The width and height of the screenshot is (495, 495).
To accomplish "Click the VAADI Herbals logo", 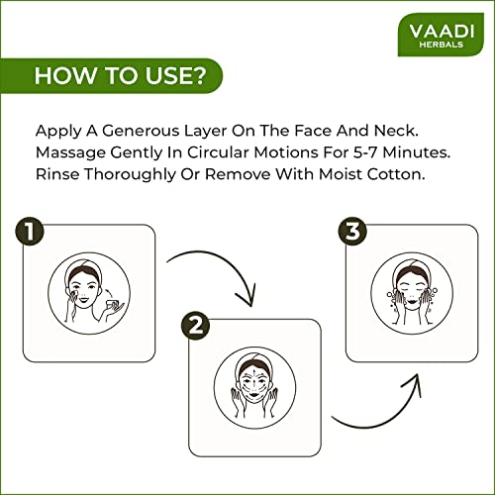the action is [441, 35].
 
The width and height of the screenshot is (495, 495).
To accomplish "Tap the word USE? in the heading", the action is [176, 75].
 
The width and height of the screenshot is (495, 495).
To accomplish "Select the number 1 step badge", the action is [30, 231].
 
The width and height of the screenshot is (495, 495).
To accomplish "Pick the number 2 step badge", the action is [196, 326].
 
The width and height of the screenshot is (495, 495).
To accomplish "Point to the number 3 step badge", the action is [352, 231].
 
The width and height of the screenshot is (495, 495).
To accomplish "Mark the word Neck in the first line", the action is [396, 131].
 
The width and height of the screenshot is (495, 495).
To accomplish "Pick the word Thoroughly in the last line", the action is [130, 174].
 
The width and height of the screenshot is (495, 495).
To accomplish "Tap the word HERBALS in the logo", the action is [442, 45].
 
